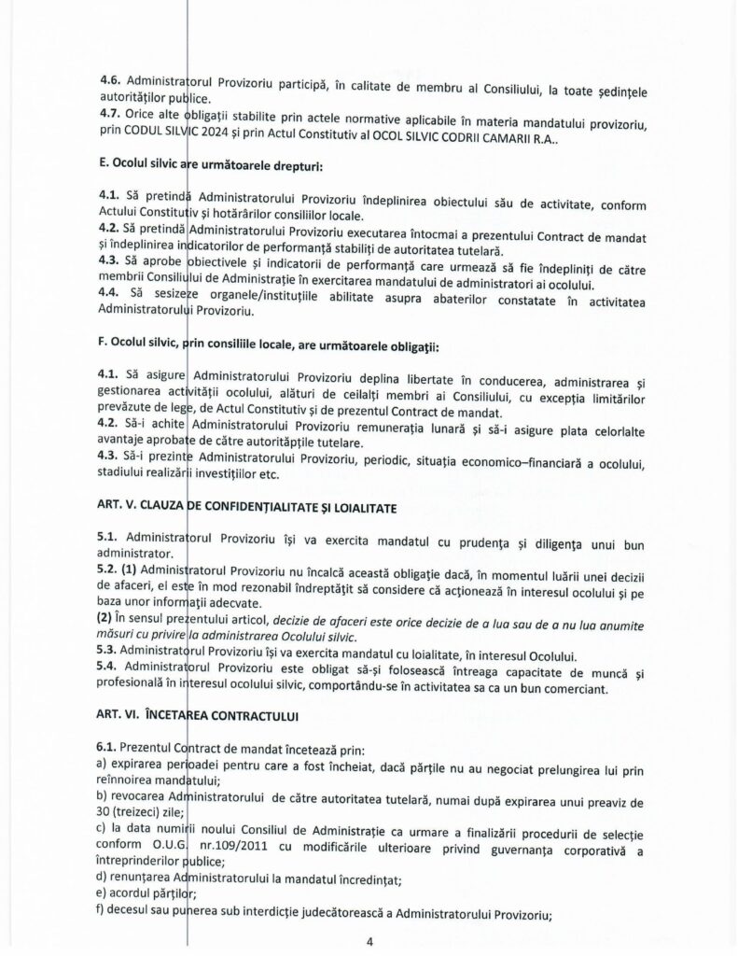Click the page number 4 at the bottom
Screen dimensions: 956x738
coord(369,942)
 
